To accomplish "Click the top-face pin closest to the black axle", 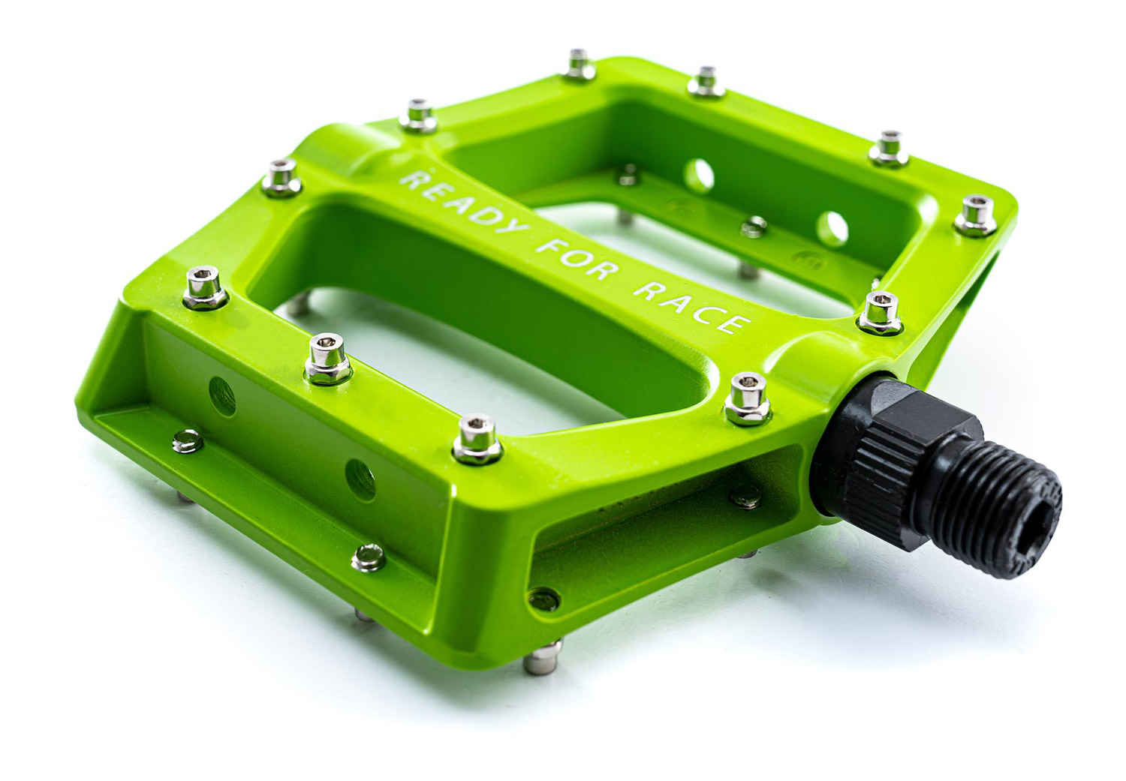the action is tap(748, 399).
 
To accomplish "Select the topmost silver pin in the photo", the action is tap(579, 65).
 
